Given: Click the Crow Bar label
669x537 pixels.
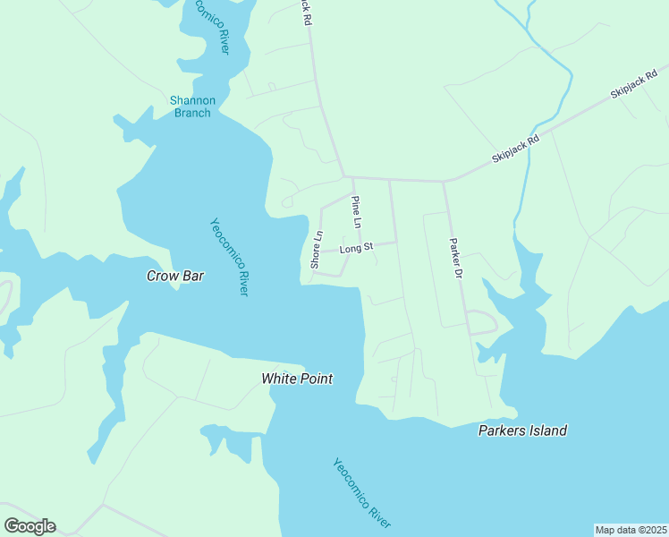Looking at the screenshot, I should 175,276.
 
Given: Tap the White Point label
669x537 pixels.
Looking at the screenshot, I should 297,379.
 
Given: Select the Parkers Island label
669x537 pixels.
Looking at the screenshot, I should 521,430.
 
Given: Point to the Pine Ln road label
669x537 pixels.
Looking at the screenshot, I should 356,211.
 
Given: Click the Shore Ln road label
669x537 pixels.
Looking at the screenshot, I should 316,250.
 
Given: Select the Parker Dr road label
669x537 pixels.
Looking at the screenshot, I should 455,257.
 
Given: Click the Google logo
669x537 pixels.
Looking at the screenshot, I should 30,526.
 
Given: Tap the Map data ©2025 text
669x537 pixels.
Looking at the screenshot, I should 631,530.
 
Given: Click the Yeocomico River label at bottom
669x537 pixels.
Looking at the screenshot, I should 362,493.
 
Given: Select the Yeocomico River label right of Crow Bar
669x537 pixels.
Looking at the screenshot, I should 229,258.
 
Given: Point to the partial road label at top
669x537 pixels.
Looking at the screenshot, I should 307,11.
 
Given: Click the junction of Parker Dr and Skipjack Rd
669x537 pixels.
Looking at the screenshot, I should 445,182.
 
